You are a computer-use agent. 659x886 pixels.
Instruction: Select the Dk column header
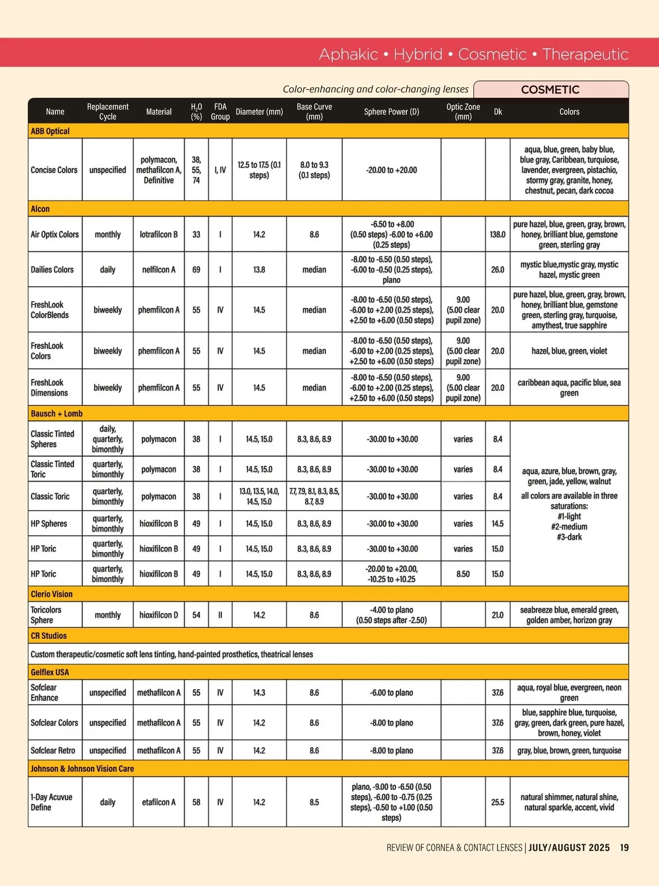coord(498,112)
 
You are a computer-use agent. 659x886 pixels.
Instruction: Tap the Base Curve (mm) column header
coord(314,112)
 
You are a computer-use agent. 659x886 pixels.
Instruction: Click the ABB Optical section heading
coord(50,131)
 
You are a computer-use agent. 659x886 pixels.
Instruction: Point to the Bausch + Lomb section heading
coord(57,414)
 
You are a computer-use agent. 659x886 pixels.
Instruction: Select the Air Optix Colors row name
coord(55,235)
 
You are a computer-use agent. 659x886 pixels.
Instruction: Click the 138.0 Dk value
coord(498,235)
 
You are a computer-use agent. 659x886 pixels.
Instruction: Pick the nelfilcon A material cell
coord(159,270)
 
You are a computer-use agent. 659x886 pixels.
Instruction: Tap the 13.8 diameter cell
coord(259,270)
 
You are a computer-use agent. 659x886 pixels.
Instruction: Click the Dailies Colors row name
coord(52,270)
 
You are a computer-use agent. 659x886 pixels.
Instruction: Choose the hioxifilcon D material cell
coord(159,615)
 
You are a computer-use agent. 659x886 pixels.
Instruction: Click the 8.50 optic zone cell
coord(463,574)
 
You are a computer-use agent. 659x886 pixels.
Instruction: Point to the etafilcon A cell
coord(159,802)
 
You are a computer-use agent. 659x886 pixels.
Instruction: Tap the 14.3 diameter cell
coord(259,693)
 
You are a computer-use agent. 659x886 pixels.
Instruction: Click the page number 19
coord(624,848)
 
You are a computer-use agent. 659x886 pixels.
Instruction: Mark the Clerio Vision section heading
coord(52,594)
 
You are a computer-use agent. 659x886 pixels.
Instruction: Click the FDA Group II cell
coord(220,615)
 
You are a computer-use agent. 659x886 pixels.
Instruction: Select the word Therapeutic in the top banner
coord(585,54)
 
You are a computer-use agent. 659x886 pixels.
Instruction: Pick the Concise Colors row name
coord(54,170)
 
